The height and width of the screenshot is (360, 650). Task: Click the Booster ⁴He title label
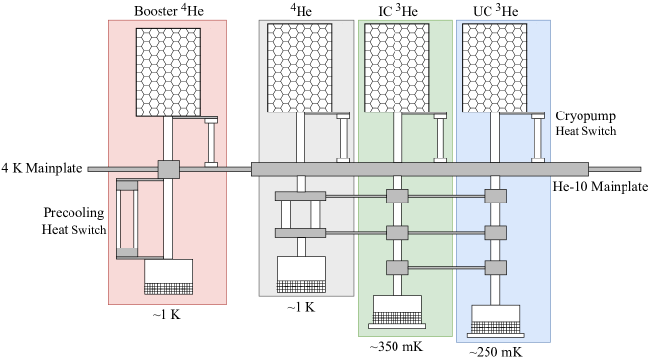[x=168, y=10]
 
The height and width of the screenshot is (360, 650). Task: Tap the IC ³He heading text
[x=397, y=11]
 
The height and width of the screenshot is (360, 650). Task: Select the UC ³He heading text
[x=495, y=11]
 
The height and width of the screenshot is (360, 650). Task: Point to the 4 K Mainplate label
[x=42, y=168]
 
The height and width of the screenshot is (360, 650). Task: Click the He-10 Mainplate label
[x=600, y=187]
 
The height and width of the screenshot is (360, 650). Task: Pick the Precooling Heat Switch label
[x=73, y=221]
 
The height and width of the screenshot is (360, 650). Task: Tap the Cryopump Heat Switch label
[x=585, y=123]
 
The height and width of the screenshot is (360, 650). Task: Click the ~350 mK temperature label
[x=396, y=346]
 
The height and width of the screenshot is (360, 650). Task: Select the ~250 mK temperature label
[x=495, y=352]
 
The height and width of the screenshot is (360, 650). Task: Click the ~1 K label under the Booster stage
[x=166, y=315]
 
